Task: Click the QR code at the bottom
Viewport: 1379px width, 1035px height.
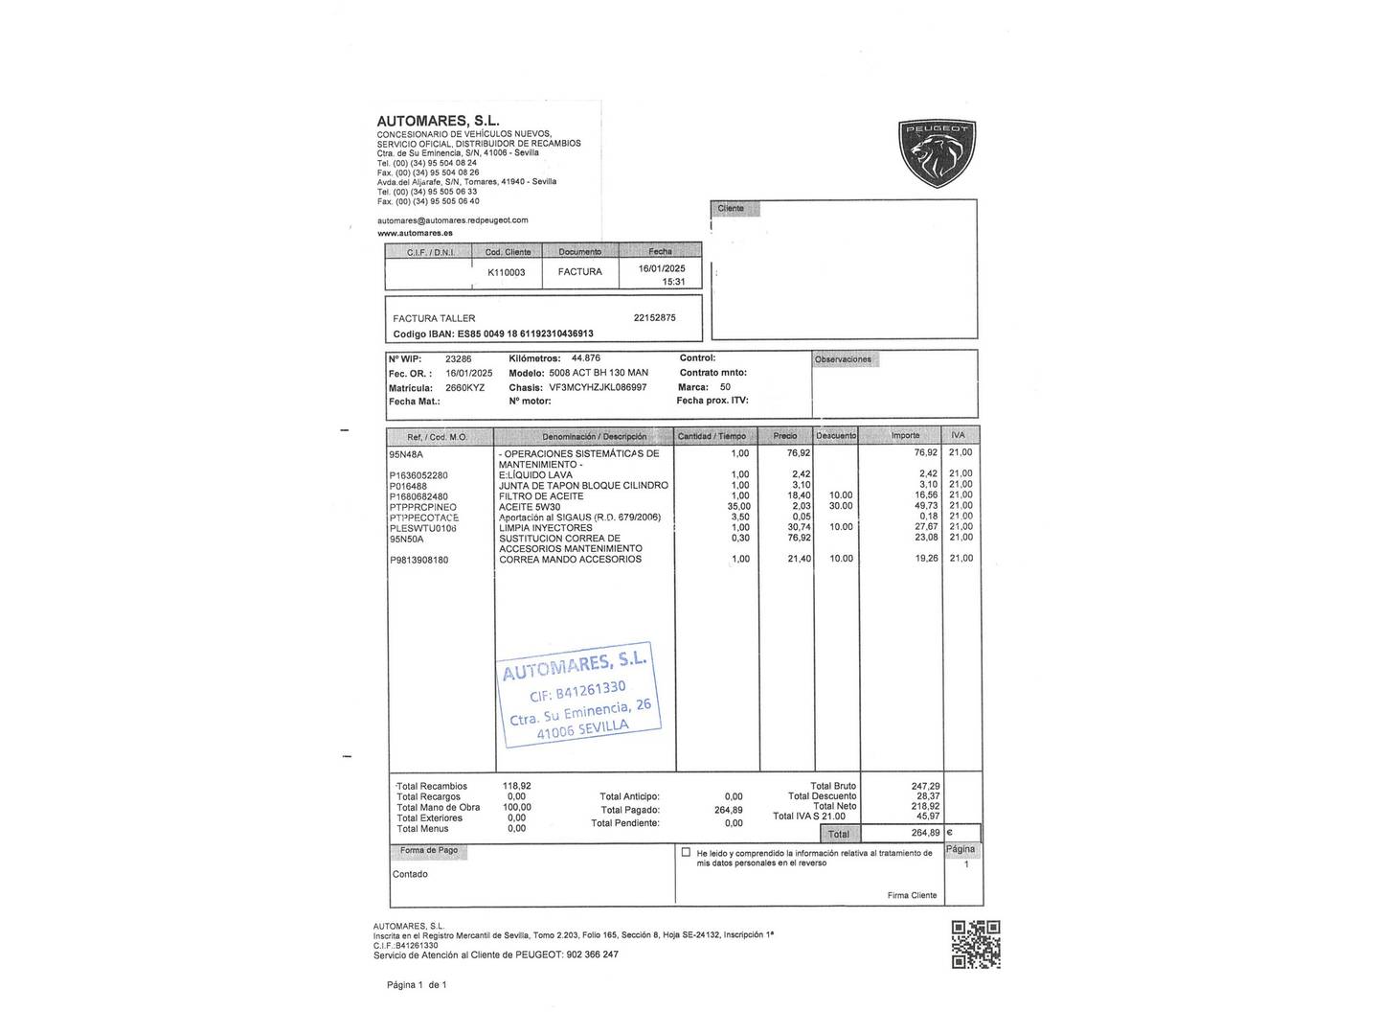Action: [x=976, y=944]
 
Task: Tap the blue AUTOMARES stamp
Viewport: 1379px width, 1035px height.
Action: [x=579, y=695]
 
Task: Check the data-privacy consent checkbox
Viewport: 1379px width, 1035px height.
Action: [x=686, y=852]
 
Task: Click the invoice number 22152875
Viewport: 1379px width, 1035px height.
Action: [x=654, y=318]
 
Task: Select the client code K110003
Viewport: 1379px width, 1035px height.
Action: [x=507, y=272]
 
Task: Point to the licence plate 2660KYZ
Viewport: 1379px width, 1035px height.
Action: [x=465, y=388]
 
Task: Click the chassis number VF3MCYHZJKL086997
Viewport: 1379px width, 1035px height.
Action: [x=598, y=388]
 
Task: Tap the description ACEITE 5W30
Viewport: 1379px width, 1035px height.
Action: [x=530, y=507]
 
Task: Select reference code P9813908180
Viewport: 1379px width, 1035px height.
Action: [x=418, y=560]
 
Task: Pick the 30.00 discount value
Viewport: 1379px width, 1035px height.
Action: [x=841, y=506]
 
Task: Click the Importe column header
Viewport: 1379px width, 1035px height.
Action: [x=905, y=436]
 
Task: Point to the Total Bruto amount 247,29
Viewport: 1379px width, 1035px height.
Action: [x=925, y=786]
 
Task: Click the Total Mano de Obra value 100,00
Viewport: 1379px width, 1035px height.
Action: [x=517, y=807]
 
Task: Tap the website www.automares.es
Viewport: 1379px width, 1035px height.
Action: [x=415, y=233]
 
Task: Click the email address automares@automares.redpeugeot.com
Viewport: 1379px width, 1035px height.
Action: [x=452, y=220]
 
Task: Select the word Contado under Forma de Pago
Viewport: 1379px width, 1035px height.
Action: [x=410, y=874]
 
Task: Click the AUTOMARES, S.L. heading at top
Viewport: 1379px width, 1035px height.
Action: [x=438, y=121]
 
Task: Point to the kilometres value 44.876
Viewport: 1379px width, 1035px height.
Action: [x=585, y=358]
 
